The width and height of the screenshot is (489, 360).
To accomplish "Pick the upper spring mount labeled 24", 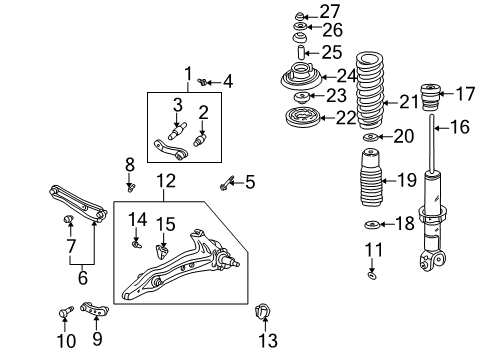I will (299, 76).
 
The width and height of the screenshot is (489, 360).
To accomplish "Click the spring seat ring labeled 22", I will (298, 118).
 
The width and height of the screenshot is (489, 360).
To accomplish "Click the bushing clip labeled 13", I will (264, 313).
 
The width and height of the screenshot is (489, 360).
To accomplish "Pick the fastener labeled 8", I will (131, 184).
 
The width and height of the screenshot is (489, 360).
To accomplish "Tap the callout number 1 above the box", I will (186, 72).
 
